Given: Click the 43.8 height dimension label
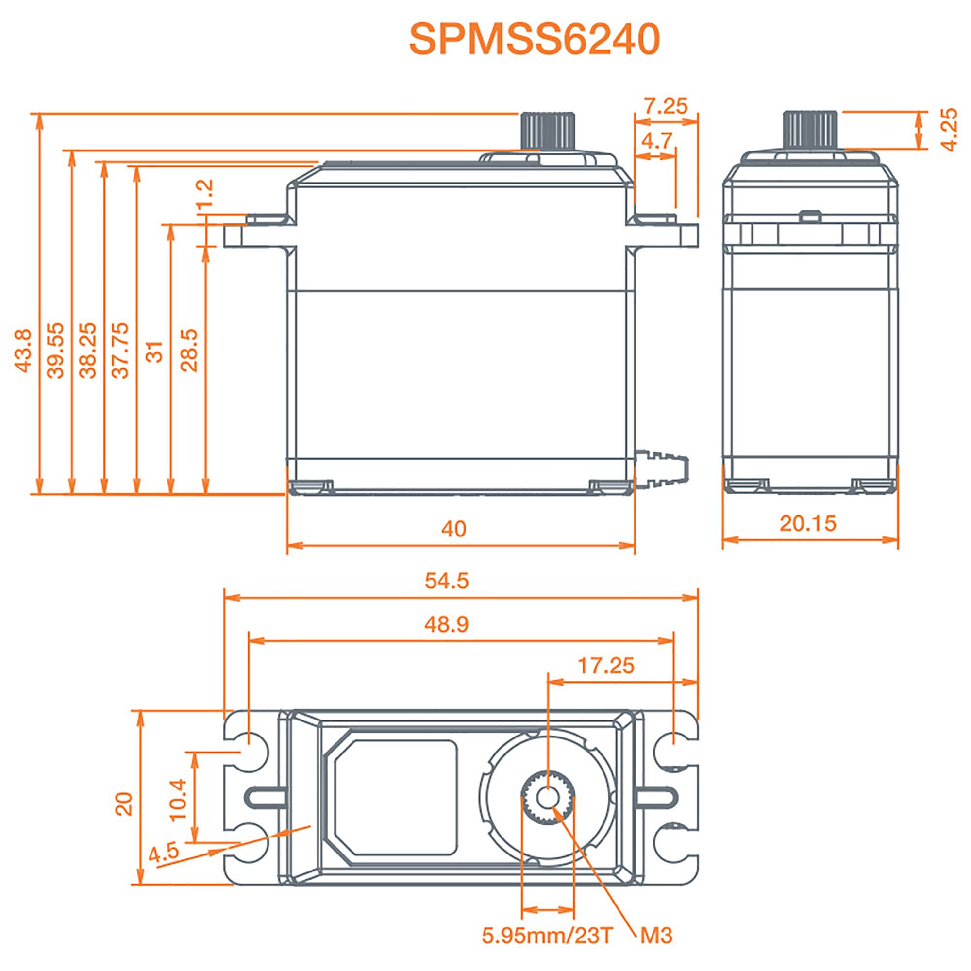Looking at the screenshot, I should [24, 351].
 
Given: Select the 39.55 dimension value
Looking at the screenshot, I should [56, 351].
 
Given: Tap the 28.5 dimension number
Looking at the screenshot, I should [189, 351].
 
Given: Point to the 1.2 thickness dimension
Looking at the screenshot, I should [205, 194].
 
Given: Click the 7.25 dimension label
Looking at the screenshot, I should [666, 106].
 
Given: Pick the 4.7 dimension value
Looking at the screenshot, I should [656, 141].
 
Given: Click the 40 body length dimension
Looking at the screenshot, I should [454, 529].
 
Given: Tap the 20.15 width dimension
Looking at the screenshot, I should [808, 524].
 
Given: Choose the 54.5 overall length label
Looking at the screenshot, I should [447, 581].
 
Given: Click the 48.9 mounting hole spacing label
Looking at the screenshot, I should [447, 624].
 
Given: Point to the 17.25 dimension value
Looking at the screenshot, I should [606, 666].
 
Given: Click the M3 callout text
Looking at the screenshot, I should [656, 936].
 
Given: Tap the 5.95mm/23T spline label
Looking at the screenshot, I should [548, 936].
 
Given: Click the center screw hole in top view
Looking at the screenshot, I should [548, 797].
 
